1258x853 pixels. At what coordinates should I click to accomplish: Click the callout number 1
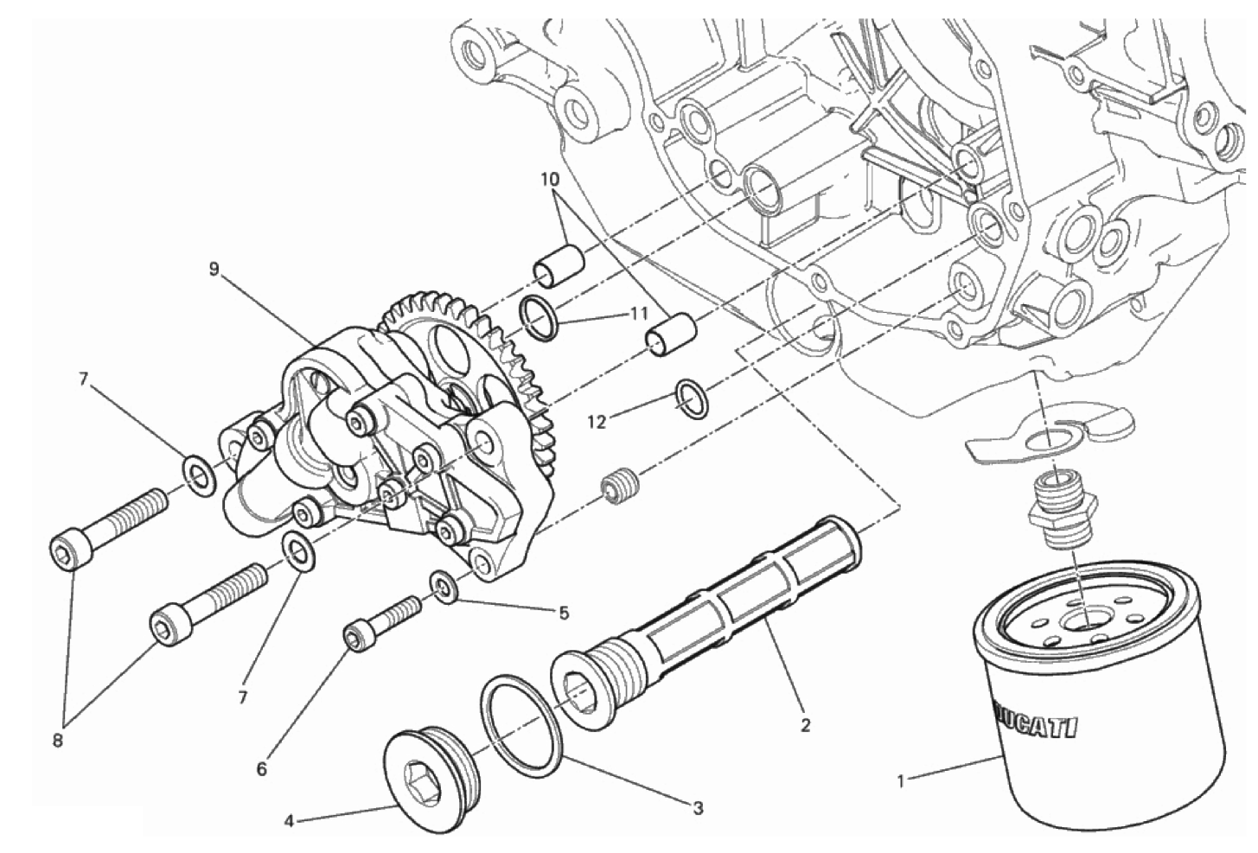pos(901,781)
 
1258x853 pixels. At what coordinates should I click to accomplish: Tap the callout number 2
pos(805,726)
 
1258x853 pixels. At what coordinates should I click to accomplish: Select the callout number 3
pos(698,809)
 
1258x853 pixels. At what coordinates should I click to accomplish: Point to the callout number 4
pos(289,822)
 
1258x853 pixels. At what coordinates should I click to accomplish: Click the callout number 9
pos(214,270)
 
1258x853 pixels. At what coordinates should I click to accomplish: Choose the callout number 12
pos(598,422)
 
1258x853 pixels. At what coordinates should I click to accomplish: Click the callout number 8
pos(57,741)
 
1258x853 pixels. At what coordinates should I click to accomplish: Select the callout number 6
pos(262,769)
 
